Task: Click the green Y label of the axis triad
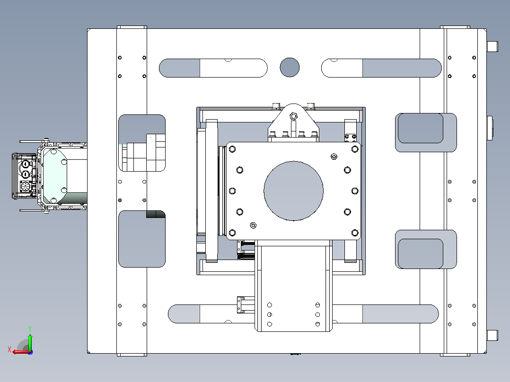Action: pos(30,329)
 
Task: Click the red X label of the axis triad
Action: pos(9,350)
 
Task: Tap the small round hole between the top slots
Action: pos(290,67)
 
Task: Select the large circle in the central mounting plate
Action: pos(293,191)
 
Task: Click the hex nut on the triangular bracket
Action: pos(293,116)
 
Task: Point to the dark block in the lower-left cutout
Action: pos(156,214)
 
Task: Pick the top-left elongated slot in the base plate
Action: pos(213,68)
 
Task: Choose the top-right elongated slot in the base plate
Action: pos(381,68)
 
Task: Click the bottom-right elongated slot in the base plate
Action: pos(386,314)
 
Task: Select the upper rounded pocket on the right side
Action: pos(426,132)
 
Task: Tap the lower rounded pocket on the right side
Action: pos(426,249)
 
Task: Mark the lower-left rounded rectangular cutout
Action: pos(142,239)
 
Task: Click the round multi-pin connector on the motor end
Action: pos(25,187)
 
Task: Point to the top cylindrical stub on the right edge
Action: pos(492,46)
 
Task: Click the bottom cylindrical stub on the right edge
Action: pos(492,336)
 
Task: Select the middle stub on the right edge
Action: pos(490,128)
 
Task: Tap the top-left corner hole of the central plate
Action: pos(232,149)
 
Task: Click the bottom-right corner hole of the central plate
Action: pos(355,233)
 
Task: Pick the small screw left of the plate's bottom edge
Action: pos(253,226)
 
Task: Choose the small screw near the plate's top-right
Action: pos(334,156)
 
